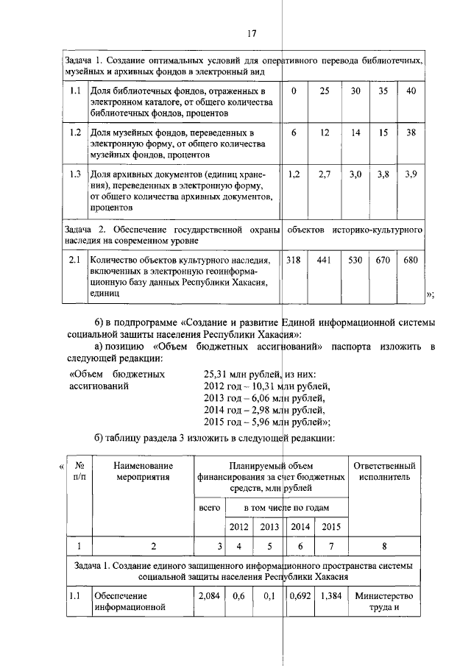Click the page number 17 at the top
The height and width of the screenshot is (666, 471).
[250, 33]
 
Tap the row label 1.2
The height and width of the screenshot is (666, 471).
[74, 133]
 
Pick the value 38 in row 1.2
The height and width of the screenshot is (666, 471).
[411, 133]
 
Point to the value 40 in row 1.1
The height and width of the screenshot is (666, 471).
[411, 91]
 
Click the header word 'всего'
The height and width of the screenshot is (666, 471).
[210, 508]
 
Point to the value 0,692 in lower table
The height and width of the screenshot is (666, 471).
[300, 595]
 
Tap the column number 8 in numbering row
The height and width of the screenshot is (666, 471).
[384, 546]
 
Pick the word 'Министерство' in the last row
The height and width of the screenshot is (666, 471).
[384, 595]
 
